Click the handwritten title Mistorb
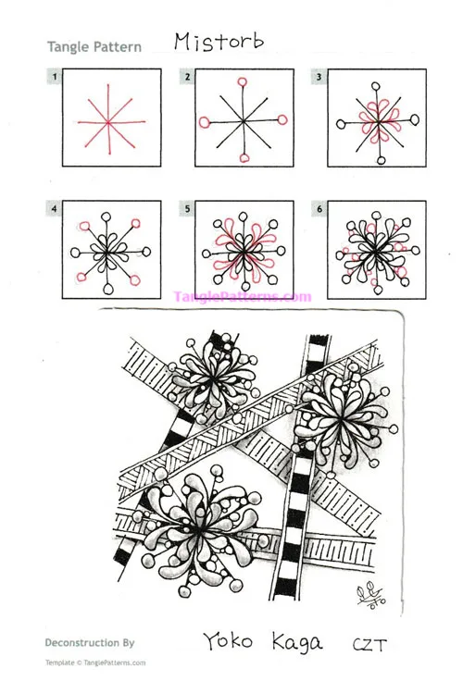click(x=219, y=43)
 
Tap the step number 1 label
click(x=55, y=78)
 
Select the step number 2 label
click(x=187, y=78)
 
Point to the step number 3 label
click(x=319, y=78)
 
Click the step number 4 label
click(x=54, y=209)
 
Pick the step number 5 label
click(x=187, y=209)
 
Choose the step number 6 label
click(x=319, y=209)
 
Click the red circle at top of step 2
click(x=243, y=81)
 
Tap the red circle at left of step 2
click(x=205, y=122)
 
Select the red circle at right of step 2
click(x=282, y=119)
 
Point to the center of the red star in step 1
click(x=107, y=122)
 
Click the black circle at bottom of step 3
click(x=382, y=161)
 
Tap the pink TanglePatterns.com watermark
click(x=243, y=297)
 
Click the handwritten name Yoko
click(x=228, y=641)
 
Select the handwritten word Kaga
click(x=297, y=643)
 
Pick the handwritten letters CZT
click(x=369, y=645)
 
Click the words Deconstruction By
click(x=90, y=643)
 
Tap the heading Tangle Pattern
click(x=94, y=47)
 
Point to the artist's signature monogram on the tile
click(x=370, y=595)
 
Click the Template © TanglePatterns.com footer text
click(x=95, y=662)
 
